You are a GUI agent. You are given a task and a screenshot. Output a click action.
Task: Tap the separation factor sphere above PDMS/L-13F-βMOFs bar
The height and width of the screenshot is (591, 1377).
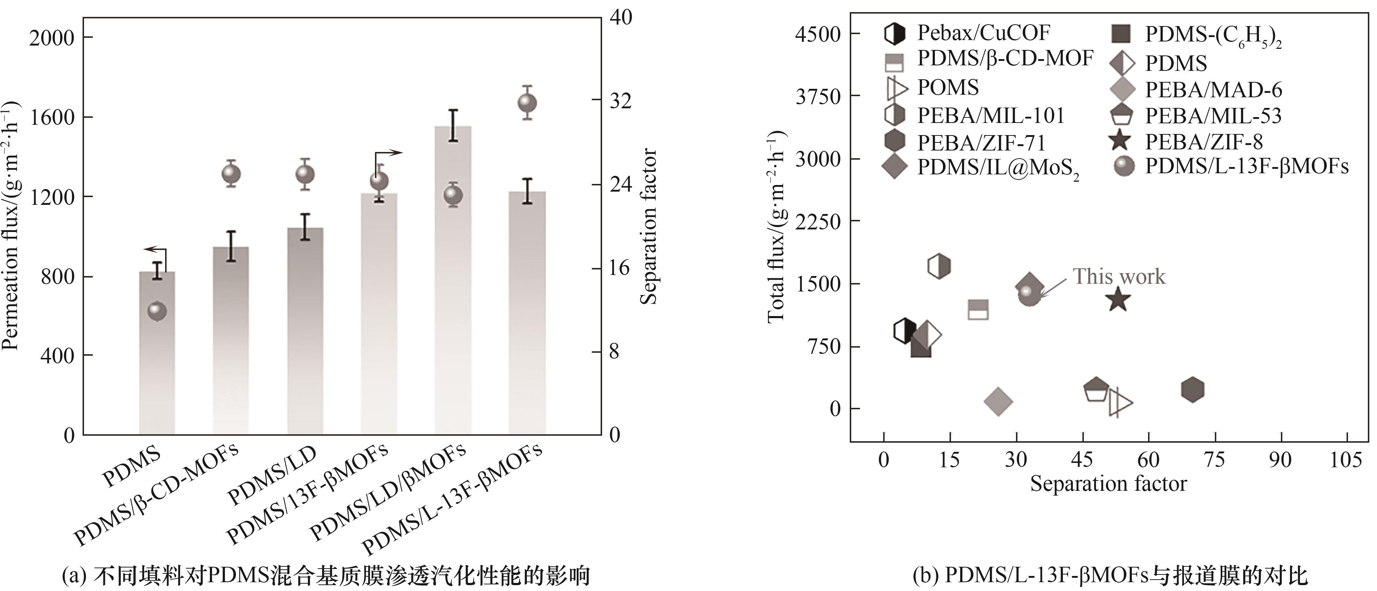coord(527,103)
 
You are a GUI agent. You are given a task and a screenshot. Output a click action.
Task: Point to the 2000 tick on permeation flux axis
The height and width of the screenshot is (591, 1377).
coord(52,38)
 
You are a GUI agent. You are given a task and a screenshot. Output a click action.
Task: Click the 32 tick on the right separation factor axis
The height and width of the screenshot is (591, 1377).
coord(620,101)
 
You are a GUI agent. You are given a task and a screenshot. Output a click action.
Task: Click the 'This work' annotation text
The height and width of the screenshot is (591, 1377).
coord(1119,276)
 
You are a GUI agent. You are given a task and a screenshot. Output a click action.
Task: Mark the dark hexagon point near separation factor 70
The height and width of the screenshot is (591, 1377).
coord(1192,389)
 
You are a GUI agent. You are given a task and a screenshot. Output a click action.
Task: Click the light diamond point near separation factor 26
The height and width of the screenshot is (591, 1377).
coord(998,401)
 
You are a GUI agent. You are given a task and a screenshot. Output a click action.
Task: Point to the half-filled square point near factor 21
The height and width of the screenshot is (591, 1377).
coord(978,309)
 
